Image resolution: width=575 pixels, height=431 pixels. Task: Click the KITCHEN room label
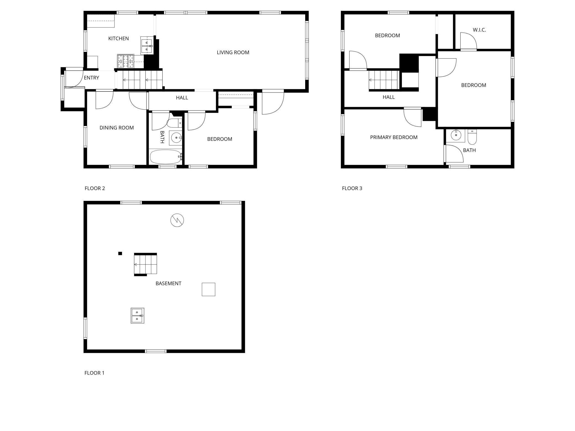118,38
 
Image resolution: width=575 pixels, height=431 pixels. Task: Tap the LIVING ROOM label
233,52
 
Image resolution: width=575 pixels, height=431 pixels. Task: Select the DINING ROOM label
116,128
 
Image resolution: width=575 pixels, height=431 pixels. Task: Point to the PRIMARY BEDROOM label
393,137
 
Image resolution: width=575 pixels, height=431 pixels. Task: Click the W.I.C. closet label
479,30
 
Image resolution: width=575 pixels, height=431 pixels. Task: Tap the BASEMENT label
168,283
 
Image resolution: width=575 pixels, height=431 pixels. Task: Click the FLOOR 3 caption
352,188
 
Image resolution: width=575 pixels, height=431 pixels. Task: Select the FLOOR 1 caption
94,373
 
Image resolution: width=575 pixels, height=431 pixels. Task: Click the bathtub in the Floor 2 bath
165,157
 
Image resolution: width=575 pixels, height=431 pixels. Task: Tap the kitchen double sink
146,46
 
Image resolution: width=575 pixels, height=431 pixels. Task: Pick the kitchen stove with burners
126,61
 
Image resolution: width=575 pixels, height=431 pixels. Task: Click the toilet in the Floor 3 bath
472,137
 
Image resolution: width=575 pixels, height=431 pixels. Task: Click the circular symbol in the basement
177,220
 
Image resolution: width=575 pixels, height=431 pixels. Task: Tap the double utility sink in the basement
137,316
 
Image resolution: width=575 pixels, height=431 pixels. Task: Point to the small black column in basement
120,253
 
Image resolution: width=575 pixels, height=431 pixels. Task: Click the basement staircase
145,264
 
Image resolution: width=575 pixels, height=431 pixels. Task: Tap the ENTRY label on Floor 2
91,78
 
